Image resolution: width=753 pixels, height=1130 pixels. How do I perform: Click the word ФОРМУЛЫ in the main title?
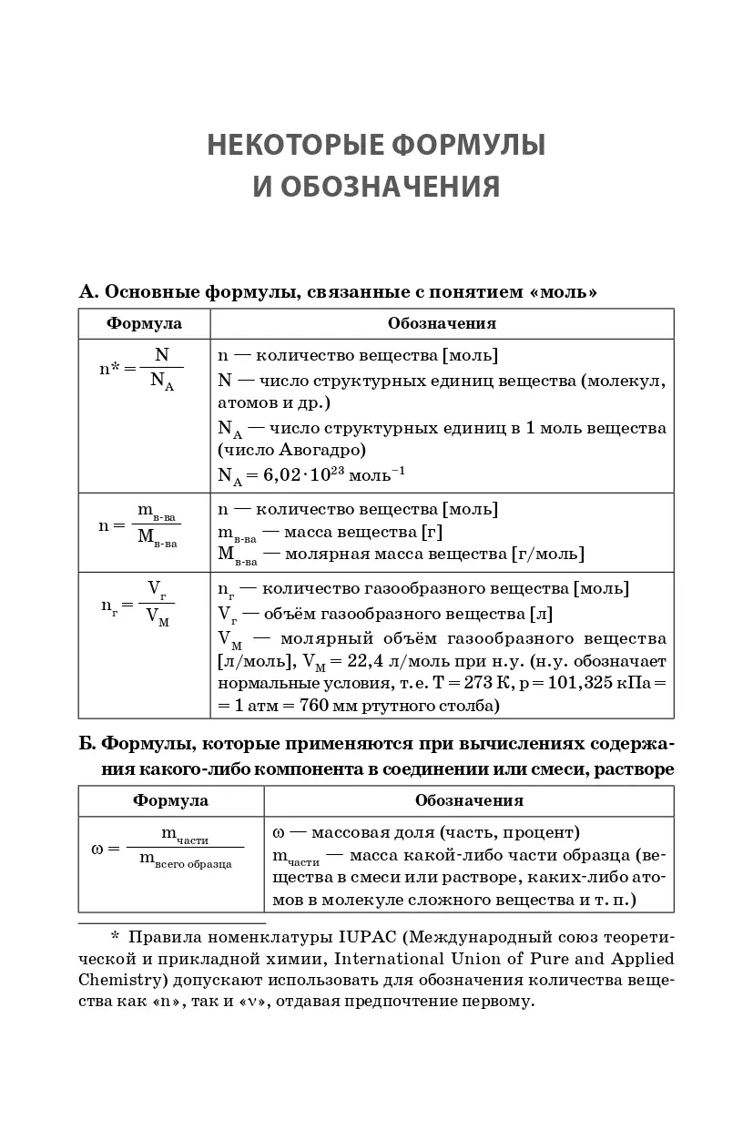point(459,146)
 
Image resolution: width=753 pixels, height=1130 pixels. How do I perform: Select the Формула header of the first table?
point(144,323)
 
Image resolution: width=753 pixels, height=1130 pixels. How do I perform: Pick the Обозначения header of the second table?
point(469,801)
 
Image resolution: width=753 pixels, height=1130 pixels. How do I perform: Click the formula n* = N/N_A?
point(141,369)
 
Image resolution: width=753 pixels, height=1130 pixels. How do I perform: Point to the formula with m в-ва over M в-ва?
point(140,526)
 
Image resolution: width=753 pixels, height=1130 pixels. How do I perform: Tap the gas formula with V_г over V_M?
point(137,604)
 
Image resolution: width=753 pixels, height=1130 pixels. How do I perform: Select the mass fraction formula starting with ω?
point(168,846)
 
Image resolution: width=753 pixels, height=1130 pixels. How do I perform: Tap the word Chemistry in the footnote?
point(117,981)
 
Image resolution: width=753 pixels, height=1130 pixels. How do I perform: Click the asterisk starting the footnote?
point(115,937)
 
